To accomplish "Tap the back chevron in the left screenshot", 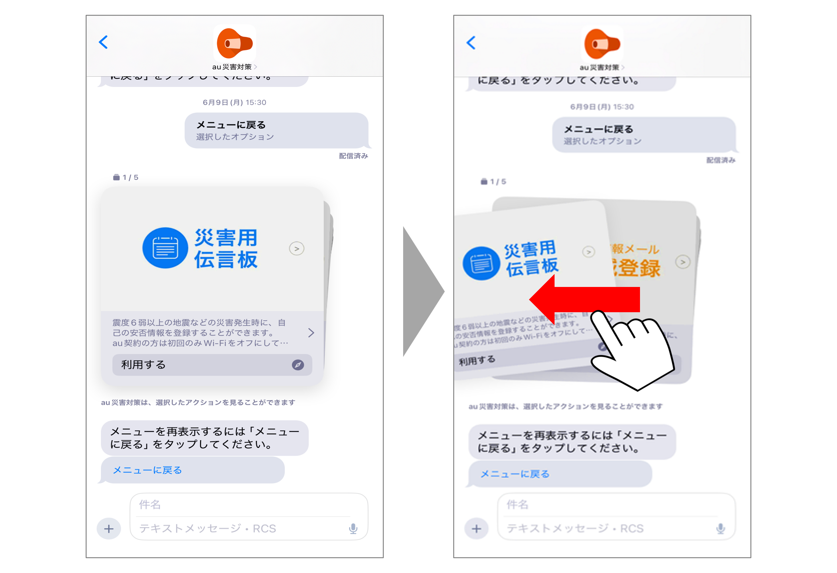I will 103,42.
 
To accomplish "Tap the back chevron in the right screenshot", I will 471,43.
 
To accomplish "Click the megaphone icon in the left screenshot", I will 234,43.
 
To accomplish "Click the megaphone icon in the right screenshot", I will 602,44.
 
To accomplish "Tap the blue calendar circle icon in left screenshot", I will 165,248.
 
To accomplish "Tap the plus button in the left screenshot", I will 109,529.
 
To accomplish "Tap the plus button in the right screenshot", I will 476,529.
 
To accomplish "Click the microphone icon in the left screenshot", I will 353,529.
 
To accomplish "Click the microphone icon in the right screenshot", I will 720,529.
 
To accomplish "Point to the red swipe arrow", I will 583,299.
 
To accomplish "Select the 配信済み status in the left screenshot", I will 353,156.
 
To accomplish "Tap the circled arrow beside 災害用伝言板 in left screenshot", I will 296,248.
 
